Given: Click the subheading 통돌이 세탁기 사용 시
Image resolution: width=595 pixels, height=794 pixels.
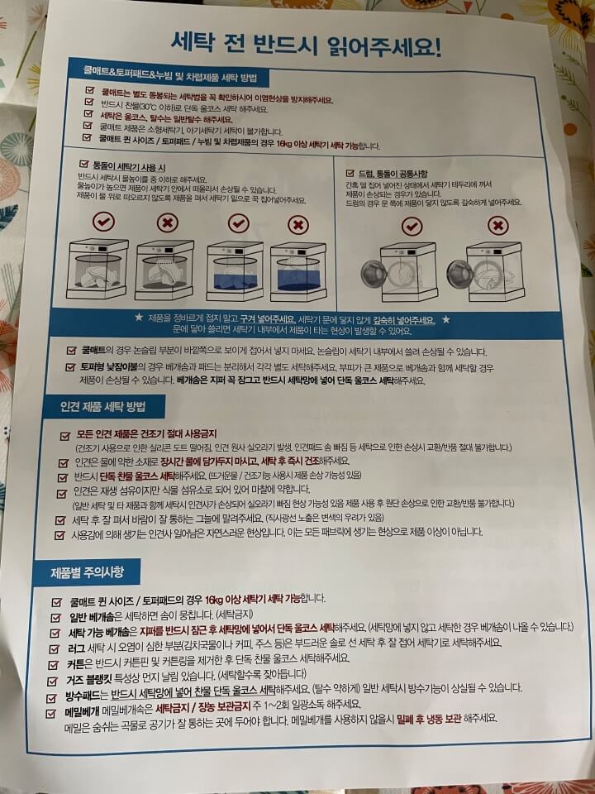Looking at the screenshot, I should [131, 165].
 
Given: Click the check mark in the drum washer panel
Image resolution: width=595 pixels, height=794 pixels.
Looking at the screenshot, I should [411, 225].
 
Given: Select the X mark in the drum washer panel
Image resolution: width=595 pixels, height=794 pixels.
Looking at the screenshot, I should [497, 225].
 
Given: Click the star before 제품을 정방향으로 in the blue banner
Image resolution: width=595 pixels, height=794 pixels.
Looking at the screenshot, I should [139, 318].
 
